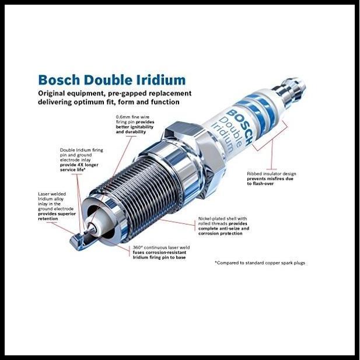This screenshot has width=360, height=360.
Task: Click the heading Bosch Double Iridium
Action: (111, 80)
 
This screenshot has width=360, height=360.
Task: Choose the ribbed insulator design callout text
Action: (274, 177)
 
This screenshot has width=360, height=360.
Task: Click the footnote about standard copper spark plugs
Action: (260, 263)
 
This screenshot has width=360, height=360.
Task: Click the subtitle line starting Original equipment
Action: (114, 97)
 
